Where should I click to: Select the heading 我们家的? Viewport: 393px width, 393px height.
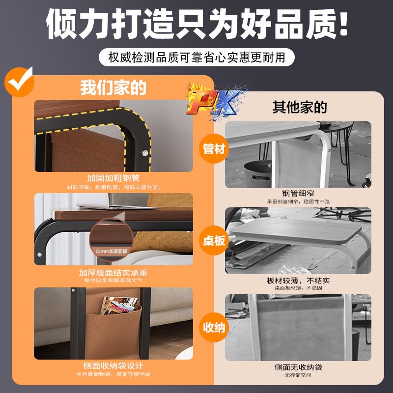(x=113, y=88)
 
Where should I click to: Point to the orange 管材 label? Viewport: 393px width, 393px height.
(x=214, y=149)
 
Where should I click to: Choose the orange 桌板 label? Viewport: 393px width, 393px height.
(x=214, y=241)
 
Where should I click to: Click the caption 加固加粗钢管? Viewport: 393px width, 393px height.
(x=113, y=178)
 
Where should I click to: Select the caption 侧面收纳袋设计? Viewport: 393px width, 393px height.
(x=113, y=366)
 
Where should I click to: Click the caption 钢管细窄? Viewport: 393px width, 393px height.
(x=298, y=193)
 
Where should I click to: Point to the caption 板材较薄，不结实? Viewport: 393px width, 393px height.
(x=298, y=281)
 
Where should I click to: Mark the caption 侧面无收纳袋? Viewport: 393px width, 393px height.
(x=298, y=367)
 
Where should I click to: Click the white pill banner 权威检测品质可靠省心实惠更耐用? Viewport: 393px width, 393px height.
(x=196, y=57)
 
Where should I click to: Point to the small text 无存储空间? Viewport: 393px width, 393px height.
(x=298, y=375)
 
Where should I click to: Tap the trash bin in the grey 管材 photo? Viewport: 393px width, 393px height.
(x=258, y=173)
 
